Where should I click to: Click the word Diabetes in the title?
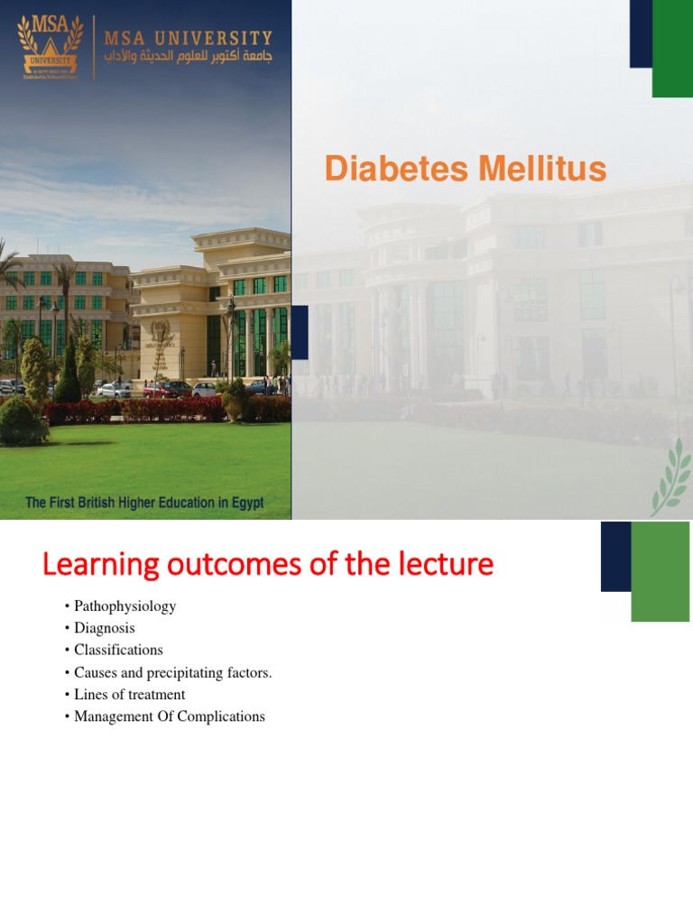pos(386,170)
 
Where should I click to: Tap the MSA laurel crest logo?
pos(50,45)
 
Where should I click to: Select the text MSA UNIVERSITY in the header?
pos(188,37)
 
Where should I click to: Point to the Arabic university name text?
pos(188,56)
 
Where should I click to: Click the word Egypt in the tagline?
pos(245,503)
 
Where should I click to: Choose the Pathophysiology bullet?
pos(125,606)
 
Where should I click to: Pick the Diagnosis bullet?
pos(104,628)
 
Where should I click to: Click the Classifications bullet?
pos(118,650)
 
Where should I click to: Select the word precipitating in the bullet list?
pos(178,672)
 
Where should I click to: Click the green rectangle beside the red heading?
pos(660,571)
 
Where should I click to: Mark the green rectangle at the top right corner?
pos(672,49)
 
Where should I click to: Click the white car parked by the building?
pos(115,390)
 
